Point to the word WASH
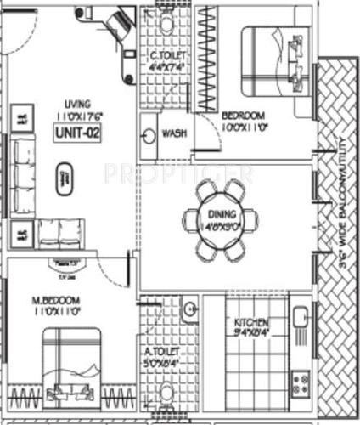(174, 133)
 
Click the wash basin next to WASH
(149, 135)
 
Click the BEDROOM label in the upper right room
(244, 116)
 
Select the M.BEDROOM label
(57, 301)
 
